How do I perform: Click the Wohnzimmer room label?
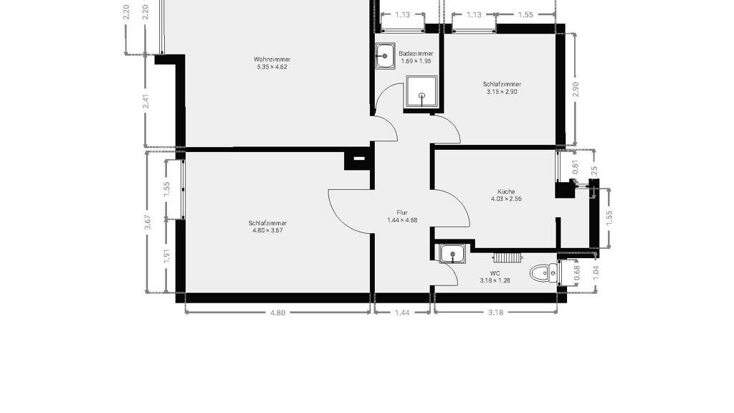click(x=272, y=60)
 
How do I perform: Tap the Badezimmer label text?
click(x=416, y=54)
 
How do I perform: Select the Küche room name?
click(x=506, y=191)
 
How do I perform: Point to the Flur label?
click(x=402, y=212)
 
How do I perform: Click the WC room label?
click(x=495, y=273)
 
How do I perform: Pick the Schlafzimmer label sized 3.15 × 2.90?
click(x=502, y=85)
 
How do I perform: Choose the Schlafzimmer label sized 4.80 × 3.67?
click(x=267, y=224)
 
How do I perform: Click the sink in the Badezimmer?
click(x=385, y=56)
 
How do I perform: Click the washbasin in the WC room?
click(x=452, y=254)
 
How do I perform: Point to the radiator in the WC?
click(x=507, y=257)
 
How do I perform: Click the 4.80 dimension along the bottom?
click(x=277, y=313)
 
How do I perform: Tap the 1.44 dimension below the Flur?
click(x=402, y=313)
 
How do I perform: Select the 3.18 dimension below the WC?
click(x=496, y=313)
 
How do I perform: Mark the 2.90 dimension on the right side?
click(x=576, y=89)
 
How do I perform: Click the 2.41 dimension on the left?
click(x=146, y=102)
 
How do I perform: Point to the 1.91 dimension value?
click(x=166, y=256)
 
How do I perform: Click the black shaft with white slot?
click(x=358, y=159)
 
